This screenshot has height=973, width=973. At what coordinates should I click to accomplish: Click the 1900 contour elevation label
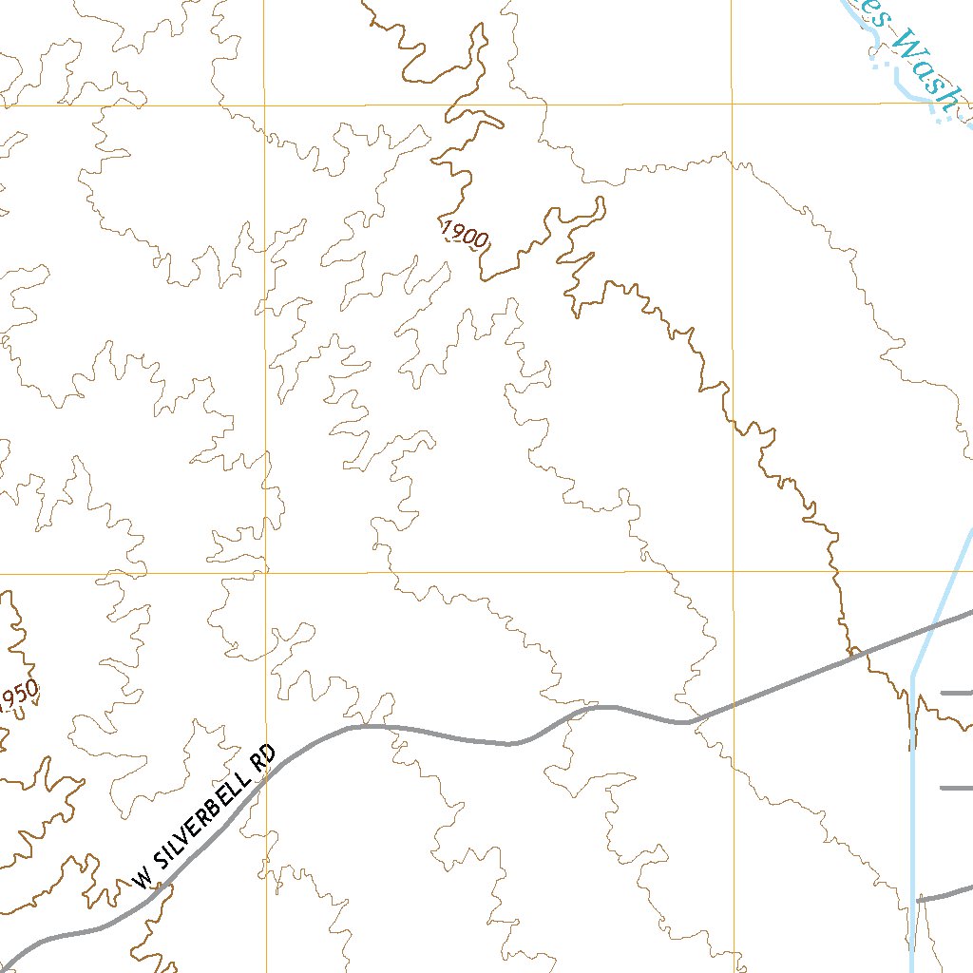pyautogui.click(x=465, y=234)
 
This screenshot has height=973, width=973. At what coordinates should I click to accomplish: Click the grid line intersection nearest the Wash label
pyautogui.click(x=732, y=103)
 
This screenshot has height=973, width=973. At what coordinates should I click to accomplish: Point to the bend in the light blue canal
pyautogui.click(x=913, y=675)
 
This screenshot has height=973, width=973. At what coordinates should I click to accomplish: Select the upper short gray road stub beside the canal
pyautogui.click(x=956, y=694)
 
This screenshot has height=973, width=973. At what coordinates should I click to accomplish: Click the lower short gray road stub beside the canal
pyautogui.click(x=956, y=787)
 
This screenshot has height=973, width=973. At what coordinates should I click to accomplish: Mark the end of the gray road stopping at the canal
pyautogui.click(x=919, y=898)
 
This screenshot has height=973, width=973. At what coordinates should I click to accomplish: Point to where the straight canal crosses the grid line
pyautogui.click(x=970, y=571)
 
